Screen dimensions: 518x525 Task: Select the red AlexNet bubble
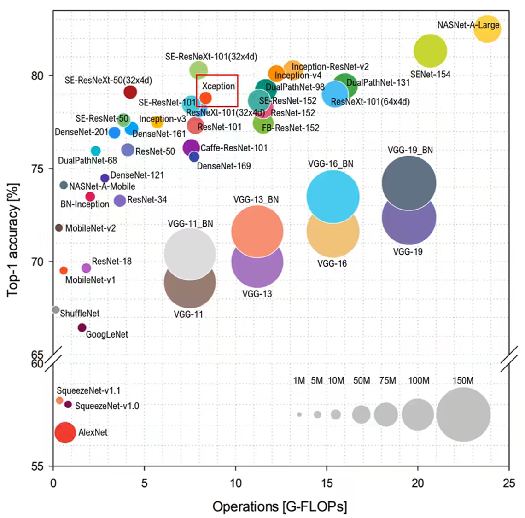tap(65, 432)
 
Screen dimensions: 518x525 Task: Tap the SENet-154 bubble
tap(430, 51)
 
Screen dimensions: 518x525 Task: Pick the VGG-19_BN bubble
tap(408, 182)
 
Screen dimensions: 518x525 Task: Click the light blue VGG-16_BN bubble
tap(332, 196)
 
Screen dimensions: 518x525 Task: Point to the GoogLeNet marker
tap(82, 327)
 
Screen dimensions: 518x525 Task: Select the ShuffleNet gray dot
tap(56, 310)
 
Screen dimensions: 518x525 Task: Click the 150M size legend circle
tap(463, 414)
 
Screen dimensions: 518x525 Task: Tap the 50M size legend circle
tap(362, 414)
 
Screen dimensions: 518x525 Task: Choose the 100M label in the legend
tap(419, 381)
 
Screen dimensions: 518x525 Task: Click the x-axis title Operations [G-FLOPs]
tap(280, 506)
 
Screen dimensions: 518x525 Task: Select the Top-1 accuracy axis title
tap(13, 239)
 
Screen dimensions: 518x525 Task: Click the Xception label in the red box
tap(218, 86)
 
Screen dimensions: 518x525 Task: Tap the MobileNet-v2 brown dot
tap(59, 228)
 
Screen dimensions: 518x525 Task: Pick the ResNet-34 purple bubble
tap(120, 200)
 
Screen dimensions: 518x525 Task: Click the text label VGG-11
tap(188, 314)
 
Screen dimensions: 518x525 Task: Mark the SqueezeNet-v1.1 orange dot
tap(59, 401)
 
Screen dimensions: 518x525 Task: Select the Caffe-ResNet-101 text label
tap(234, 148)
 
